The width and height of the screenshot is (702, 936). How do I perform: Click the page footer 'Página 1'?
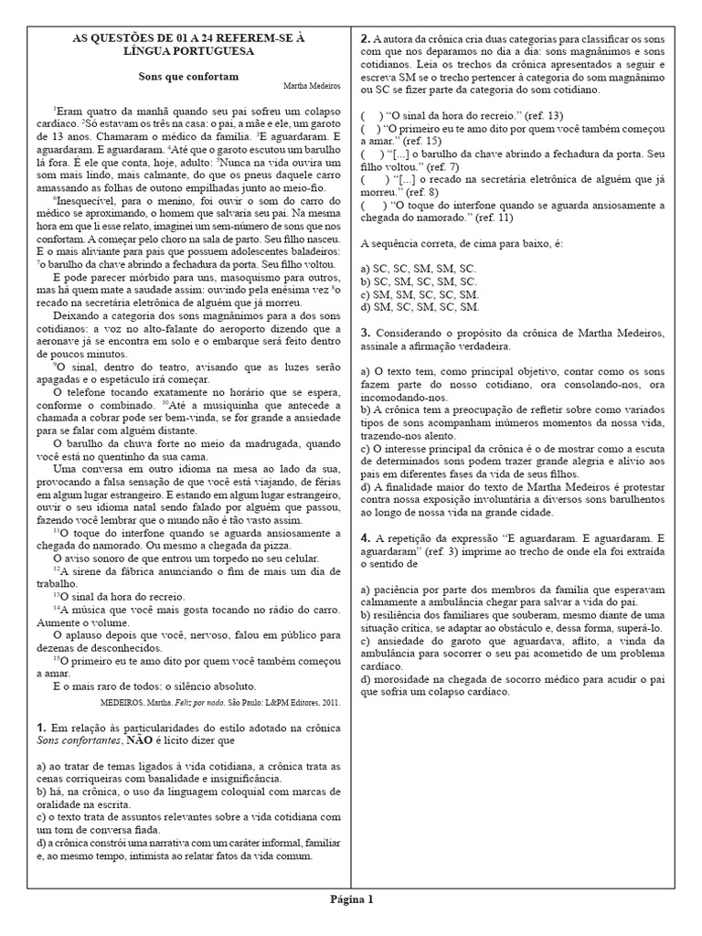tap(352, 899)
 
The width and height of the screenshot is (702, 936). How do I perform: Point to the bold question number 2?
tap(364, 38)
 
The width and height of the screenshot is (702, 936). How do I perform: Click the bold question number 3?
tap(364, 332)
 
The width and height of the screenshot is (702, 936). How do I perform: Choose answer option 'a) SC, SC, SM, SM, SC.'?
tap(419, 268)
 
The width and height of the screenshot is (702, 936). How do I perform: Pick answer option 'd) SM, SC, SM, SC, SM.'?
tap(420, 306)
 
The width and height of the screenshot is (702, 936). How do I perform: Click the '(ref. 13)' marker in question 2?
tap(543, 115)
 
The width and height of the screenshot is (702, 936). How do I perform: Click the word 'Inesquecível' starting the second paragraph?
tap(85, 198)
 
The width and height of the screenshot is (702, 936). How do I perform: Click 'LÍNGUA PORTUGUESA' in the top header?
tap(189, 51)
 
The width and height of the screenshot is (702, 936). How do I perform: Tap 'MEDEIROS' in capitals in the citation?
tap(117, 702)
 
